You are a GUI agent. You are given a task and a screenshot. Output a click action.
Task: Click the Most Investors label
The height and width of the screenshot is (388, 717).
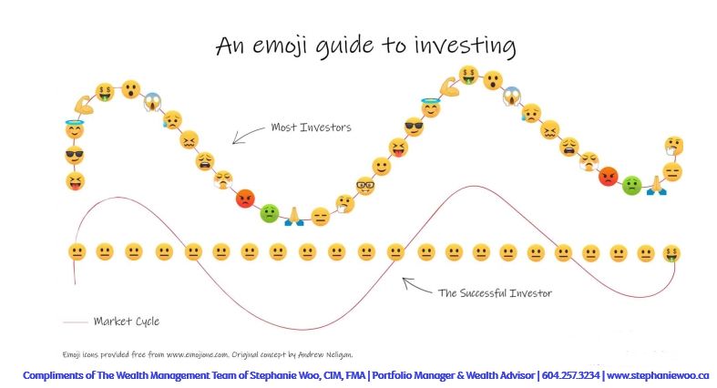tap(311, 127)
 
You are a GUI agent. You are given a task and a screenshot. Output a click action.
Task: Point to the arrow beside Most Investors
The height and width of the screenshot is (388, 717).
tap(247, 134)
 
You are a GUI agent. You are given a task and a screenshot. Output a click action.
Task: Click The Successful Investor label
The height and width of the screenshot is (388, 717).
tap(495, 292)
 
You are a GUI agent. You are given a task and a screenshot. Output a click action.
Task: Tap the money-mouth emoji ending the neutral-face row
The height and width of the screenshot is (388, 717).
tap(671, 252)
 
